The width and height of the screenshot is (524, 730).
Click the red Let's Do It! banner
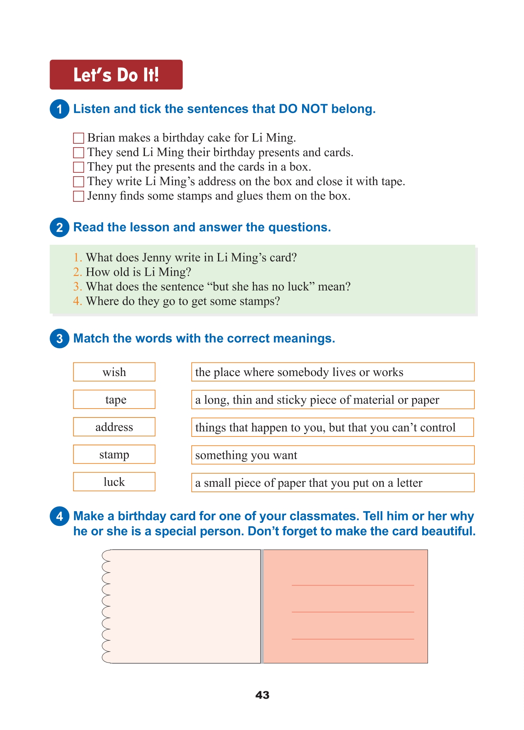[x=116, y=75]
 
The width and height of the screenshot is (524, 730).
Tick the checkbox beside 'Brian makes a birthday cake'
[x=79, y=138]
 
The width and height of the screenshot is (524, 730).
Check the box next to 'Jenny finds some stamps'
[x=79, y=196]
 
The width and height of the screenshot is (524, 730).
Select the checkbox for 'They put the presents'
[x=79, y=167]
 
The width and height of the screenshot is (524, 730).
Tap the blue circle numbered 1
[x=59, y=109]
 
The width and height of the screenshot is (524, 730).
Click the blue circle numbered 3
[x=59, y=338]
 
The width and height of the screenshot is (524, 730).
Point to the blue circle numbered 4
[x=59, y=516]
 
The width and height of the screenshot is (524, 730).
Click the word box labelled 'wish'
[x=114, y=372]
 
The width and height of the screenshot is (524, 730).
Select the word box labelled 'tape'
[x=114, y=400]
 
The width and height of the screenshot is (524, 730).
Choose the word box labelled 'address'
[x=114, y=427]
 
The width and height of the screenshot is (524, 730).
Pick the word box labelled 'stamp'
[x=114, y=454]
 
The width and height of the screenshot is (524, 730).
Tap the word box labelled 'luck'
[x=114, y=482]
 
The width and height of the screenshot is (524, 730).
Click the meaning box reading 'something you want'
[x=333, y=455]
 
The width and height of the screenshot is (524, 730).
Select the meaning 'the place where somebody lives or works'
[x=333, y=372]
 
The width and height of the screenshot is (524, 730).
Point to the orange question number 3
[x=77, y=287]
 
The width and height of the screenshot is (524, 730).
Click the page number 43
[x=262, y=695]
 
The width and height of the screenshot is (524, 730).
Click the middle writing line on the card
[x=353, y=612]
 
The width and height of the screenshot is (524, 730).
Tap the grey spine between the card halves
[x=262, y=606]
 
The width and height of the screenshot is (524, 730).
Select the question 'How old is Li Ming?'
[x=138, y=272]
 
